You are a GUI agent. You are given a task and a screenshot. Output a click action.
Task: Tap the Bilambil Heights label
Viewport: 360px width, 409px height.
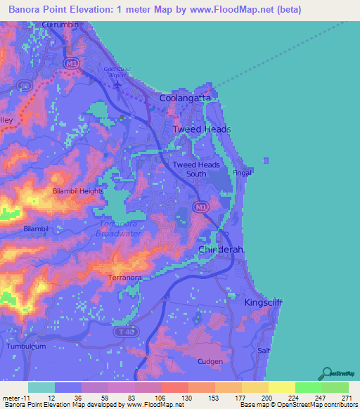pyautogui.click(x=78, y=190)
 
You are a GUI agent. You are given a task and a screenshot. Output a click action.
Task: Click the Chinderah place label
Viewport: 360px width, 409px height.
pyautogui.click(x=219, y=250)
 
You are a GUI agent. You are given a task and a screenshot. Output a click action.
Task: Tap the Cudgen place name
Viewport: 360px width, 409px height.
pyautogui.click(x=210, y=362)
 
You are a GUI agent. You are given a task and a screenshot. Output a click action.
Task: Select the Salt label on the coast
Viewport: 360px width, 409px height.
pyautogui.click(x=264, y=350)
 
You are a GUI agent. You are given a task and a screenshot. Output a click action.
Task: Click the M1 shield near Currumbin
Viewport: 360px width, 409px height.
pyautogui.click(x=70, y=63)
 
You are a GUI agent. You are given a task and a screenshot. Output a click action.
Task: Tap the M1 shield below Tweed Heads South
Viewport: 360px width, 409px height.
pyautogui.click(x=201, y=207)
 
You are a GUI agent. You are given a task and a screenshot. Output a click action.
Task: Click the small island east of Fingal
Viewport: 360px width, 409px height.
pyautogui.click(x=266, y=160)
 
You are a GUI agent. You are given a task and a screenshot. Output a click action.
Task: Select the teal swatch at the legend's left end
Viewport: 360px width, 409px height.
pyautogui.click(x=41, y=387)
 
